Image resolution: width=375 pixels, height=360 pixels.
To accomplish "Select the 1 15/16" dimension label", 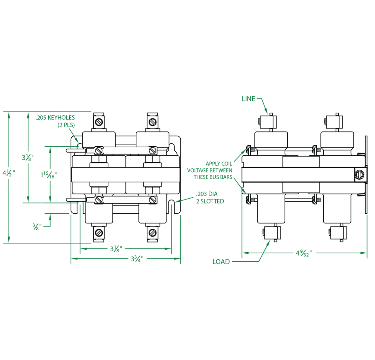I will coord(49,175).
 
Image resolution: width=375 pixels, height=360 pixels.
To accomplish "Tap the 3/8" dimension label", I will coord(37,226).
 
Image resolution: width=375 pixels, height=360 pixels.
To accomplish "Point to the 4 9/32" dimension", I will coord(304,253).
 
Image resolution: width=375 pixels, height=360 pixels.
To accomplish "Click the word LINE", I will coord(248,99).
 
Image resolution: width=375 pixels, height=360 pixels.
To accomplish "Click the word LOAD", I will coord(221,262).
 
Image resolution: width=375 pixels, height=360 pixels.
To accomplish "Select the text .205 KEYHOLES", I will coord(55,118).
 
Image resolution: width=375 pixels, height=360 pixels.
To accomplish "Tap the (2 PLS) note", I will coord(66,125).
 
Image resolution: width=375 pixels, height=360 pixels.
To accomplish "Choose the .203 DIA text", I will coord(207,194).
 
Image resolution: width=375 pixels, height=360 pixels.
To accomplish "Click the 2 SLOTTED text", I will coord(210,201).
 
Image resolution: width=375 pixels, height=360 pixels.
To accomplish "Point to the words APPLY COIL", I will coord(219,164).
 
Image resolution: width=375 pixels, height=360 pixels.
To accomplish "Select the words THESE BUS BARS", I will coord(213,177).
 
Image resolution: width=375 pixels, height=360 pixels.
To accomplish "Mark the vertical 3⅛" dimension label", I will coord(29,157).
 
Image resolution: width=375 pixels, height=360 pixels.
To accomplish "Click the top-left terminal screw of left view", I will coord(99,121).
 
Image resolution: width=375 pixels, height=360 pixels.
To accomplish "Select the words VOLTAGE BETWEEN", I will coord(210,170).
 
